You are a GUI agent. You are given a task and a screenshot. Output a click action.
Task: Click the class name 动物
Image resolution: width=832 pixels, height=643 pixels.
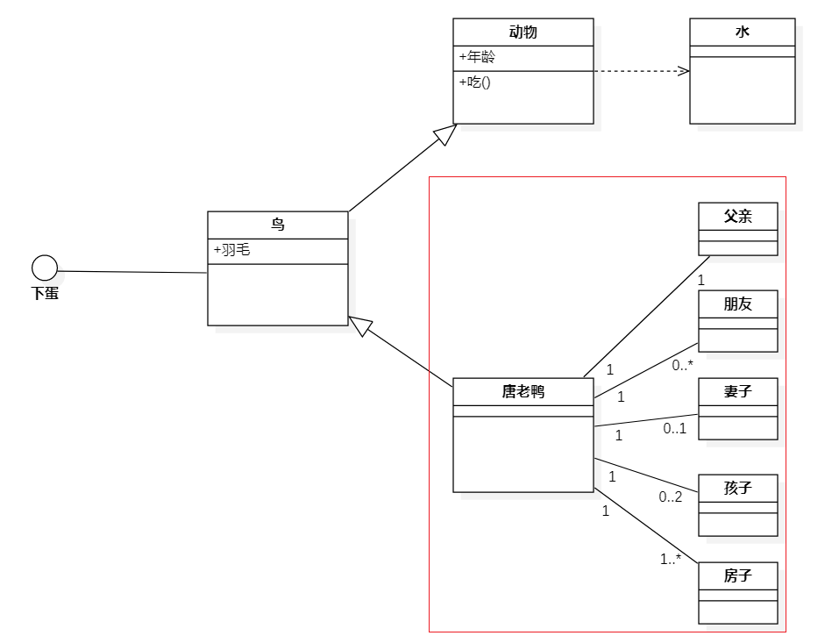click(x=523, y=32)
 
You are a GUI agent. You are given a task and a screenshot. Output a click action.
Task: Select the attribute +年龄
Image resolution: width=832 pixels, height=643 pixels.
click(x=477, y=58)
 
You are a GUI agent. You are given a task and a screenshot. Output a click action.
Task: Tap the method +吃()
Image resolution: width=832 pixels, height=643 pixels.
click(x=474, y=82)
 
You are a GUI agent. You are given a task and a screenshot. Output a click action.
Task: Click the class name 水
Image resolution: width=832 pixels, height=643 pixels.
click(x=742, y=32)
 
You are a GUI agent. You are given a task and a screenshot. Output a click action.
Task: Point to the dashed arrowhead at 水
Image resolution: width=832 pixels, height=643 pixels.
click(x=683, y=71)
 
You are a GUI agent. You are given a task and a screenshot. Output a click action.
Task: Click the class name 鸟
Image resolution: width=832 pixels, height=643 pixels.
click(x=277, y=225)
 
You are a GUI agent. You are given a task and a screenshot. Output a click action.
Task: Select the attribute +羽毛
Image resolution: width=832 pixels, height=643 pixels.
click(x=232, y=250)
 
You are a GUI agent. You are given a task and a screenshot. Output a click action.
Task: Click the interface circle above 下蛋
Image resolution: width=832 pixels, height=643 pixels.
click(x=45, y=268)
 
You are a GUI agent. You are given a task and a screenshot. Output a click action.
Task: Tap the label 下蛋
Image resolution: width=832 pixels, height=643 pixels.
click(x=45, y=294)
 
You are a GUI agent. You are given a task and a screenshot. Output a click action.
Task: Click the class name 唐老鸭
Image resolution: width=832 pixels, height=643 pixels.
click(x=523, y=391)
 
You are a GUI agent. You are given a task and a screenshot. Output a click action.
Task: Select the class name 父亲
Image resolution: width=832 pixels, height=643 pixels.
click(x=737, y=216)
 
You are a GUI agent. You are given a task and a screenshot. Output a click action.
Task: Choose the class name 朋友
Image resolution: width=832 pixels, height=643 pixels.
click(x=737, y=304)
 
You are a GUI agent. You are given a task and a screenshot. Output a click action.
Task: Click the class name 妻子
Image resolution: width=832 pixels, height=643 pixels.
click(x=737, y=391)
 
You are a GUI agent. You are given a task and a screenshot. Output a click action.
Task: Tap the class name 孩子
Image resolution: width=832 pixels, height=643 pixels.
click(x=737, y=488)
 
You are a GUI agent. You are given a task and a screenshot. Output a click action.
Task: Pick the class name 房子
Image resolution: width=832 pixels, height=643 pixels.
click(x=737, y=575)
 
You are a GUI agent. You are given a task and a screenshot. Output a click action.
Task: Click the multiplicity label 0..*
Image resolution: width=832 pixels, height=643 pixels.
click(x=682, y=365)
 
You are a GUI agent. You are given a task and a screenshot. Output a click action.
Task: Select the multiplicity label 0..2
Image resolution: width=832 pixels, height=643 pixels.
click(x=671, y=497)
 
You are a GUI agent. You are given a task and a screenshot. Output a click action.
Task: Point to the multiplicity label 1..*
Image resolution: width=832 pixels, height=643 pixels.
click(x=671, y=559)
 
